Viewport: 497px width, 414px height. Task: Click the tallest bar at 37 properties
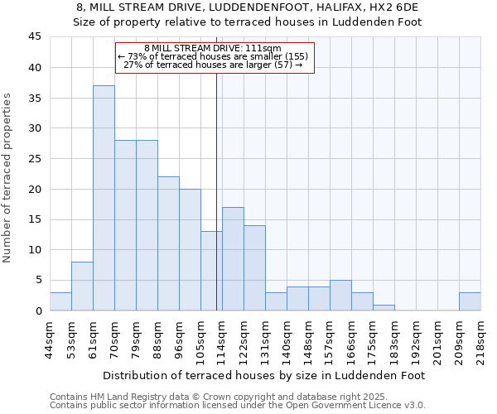tap(104, 198)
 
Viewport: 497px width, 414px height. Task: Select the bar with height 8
tap(82, 286)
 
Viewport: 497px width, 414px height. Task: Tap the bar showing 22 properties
tap(168, 243)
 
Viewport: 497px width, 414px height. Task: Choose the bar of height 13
tap(211, 271)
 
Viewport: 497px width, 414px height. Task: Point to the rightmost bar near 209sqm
tap(470, 301)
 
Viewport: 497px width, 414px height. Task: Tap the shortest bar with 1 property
tap(384, 307)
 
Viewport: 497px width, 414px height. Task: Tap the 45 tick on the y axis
tap(35, 37)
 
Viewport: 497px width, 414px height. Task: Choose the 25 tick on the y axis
tap(35, 159)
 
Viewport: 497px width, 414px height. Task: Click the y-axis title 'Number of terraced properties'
tap(8, 178)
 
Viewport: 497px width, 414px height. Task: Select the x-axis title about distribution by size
tap(265, 375)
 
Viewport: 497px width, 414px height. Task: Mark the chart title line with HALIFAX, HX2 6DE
tap(248, 7)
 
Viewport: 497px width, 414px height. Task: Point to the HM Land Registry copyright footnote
tap(220, 397)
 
